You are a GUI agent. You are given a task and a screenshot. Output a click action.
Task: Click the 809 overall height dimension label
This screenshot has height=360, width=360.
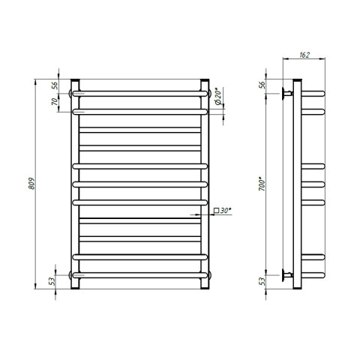[x=31, y=184]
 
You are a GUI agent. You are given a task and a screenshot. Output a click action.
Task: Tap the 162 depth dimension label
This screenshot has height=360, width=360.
[x=304, y=55]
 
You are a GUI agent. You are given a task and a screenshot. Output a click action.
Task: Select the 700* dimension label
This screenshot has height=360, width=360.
[x=262, y=184]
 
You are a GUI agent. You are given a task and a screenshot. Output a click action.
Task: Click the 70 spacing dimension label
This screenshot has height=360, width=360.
[x=55, y=101]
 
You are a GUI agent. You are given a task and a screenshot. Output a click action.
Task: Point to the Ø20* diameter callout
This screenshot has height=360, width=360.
[x=218, y=96]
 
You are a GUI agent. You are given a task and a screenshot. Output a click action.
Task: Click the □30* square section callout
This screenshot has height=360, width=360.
[x=222, y=211]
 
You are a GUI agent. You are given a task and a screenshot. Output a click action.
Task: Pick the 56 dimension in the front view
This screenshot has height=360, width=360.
[x=55, y=85]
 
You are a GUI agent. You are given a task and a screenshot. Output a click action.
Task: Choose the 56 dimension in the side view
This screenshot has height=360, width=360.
[x=262, y=85]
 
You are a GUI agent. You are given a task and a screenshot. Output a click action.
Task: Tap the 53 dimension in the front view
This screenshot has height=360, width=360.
[x=52, y=281]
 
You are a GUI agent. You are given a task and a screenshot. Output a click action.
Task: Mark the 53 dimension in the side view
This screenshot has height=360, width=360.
[x=262, y=281]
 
